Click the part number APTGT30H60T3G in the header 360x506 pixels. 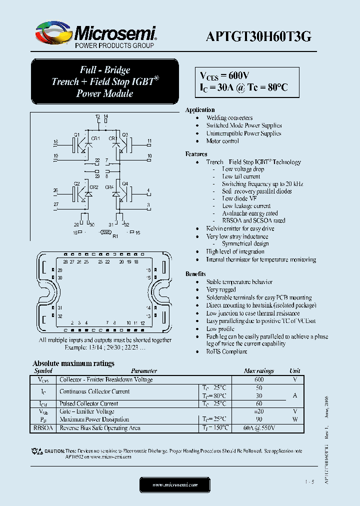(258, 35)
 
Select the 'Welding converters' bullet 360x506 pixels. (229, 117)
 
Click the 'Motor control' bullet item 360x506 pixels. (222, 141)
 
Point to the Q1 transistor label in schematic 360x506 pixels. (76, 134)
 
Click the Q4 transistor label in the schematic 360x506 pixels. (125, 183)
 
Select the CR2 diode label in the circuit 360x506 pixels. (93, 187)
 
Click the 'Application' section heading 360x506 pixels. (200, 109)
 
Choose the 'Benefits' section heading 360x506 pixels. (195, 274)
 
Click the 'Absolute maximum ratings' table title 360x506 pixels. (73, 363)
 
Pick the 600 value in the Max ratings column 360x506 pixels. (258, 379)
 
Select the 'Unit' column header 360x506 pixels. (295, 371)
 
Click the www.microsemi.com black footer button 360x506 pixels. (174, 484)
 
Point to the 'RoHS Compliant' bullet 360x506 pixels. (226, 351)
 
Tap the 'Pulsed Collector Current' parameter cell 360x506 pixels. (88, 403)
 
